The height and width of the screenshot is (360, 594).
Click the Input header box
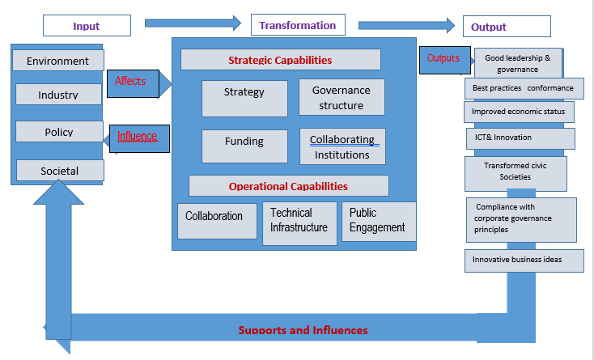87,26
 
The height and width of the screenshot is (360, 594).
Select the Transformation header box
298,25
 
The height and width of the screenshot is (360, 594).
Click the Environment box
57,61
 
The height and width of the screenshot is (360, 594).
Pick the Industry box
58,95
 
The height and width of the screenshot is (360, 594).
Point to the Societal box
60,170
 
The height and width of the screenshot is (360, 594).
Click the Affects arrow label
131,81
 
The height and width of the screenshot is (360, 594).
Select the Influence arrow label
138,137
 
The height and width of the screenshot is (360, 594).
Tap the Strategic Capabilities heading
280,60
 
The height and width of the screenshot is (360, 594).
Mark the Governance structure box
342,97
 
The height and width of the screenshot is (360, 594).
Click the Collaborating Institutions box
342,146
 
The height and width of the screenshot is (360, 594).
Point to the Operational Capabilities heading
288,186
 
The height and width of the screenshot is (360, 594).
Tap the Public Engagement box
378,221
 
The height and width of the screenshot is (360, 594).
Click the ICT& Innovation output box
520,138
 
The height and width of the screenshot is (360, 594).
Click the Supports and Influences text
303,330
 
